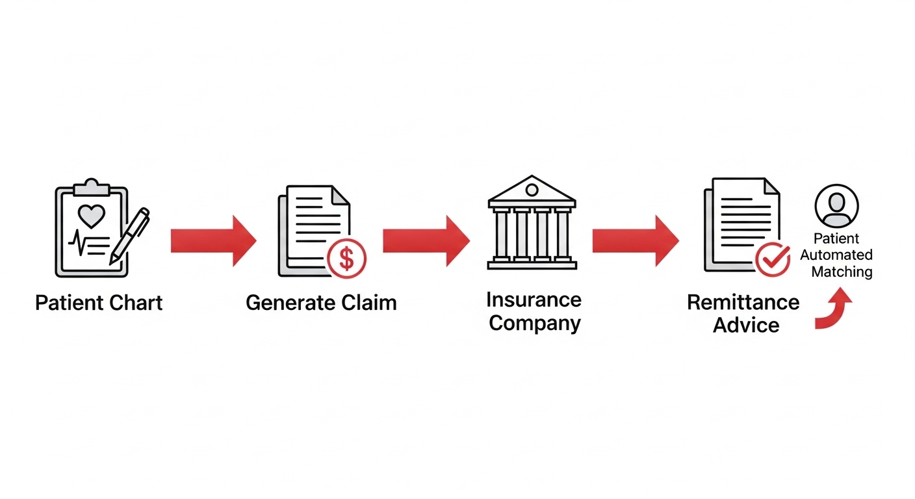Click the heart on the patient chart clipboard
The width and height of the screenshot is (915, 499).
[91, 216]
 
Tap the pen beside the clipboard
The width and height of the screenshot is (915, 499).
[130, 235]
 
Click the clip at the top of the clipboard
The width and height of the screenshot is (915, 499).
[92, 187]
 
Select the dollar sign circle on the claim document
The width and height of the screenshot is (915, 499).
[347, 259]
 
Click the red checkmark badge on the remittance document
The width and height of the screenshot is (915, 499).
[773, 261]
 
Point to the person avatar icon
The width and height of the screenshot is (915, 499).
[836, 205]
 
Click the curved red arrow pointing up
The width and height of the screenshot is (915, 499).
[836, 311]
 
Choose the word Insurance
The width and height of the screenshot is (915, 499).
[534, 300]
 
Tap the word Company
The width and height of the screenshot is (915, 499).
[534, 323]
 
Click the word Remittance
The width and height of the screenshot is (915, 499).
[743, 302]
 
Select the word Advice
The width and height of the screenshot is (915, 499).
[746, 325]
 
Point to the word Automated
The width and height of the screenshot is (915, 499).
[836, 255]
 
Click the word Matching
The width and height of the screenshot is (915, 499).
[842, 272]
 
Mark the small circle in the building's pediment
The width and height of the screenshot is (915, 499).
[532, 190]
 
